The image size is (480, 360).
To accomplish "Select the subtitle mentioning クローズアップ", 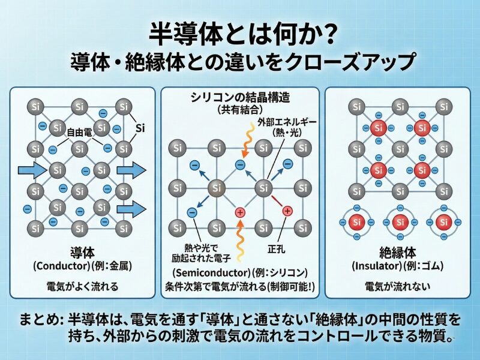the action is [x=240, y=61].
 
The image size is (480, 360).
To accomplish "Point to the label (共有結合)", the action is [x=239, y=111].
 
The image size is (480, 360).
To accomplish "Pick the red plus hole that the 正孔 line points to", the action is [x=287, y=211].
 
